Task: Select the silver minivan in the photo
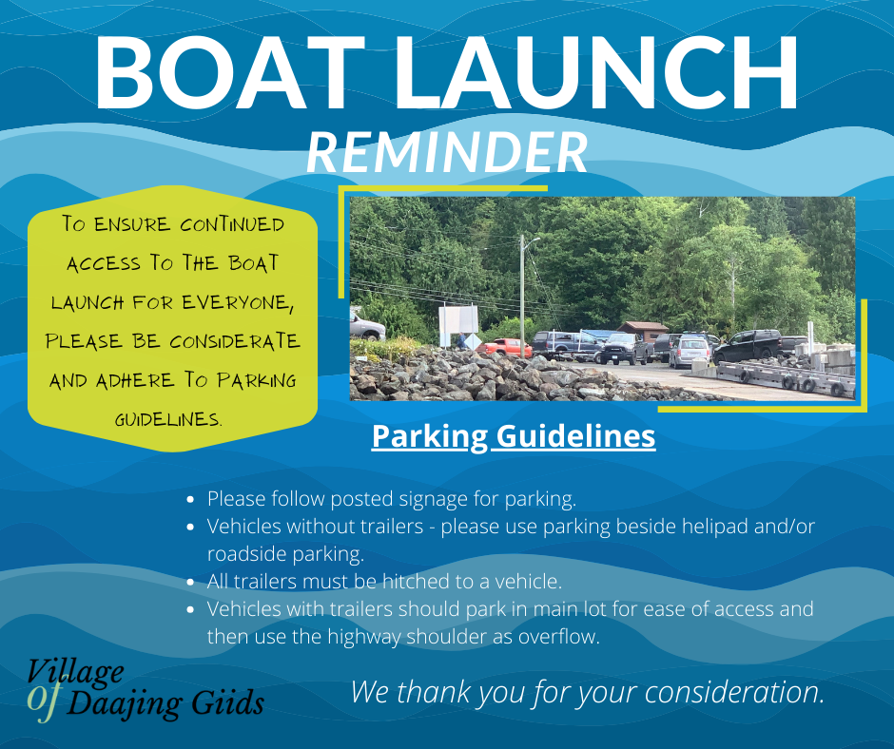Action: click(690, 352)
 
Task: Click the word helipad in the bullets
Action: click(723, 526)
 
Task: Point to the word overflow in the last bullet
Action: click(558, 637)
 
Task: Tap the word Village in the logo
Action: click(76, 671)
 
